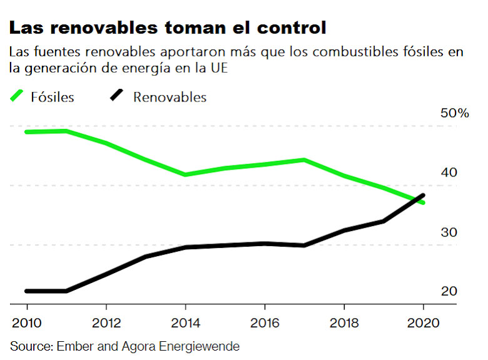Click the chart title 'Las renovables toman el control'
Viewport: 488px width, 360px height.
coord(167,28)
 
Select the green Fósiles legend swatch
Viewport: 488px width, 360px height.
coord(19,96)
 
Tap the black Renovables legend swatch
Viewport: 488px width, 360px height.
coord(118,96)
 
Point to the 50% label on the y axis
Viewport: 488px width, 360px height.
coord(454,113)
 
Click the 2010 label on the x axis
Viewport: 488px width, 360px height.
coord(27,324)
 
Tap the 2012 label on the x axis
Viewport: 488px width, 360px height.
coord(106,324)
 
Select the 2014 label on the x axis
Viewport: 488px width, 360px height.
coord(185,324)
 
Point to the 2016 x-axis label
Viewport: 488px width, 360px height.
coord(265,324)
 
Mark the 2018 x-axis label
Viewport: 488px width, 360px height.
coord(343,324)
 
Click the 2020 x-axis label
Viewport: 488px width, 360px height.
coord(423,324)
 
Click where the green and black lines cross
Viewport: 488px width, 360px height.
coord(416,200)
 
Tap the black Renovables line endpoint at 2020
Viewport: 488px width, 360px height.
coord(424,195)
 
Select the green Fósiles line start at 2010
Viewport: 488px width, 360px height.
coord(28,132)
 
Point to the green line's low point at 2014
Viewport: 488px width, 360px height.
coord(185,174)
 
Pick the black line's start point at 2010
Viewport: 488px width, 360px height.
coord(28,291)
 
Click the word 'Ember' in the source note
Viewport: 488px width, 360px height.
coord(73,346)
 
